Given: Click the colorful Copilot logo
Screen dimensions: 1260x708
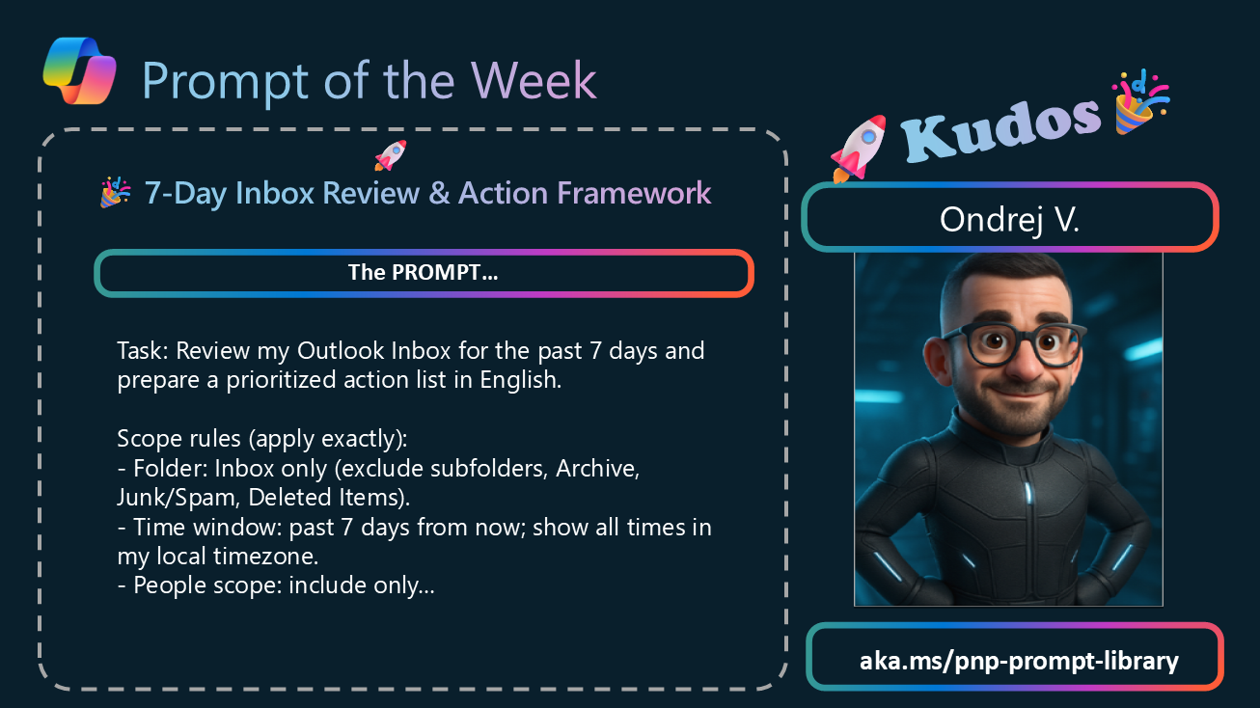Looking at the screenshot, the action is (79, 70).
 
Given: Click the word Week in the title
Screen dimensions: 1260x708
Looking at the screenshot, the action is (534, 81).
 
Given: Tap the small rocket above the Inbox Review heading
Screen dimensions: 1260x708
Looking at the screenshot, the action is (391, 155).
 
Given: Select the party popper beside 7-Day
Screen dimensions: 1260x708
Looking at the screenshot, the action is (116, 192).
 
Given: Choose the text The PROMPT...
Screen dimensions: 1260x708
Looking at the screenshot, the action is (423, 272).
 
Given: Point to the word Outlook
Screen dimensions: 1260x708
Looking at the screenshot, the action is (341, 351).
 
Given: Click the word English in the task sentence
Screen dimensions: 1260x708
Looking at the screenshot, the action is (521, 380).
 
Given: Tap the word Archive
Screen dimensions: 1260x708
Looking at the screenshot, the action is (597, 469).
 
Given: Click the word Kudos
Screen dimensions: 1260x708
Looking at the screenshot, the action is (1001, 129).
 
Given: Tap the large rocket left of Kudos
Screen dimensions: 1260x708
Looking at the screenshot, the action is (859, 149).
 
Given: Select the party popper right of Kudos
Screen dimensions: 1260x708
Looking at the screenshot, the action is (1139, 102).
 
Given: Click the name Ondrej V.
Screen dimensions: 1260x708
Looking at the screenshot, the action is (1010, 219).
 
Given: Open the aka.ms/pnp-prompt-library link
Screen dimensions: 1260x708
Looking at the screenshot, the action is (1019, 660).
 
